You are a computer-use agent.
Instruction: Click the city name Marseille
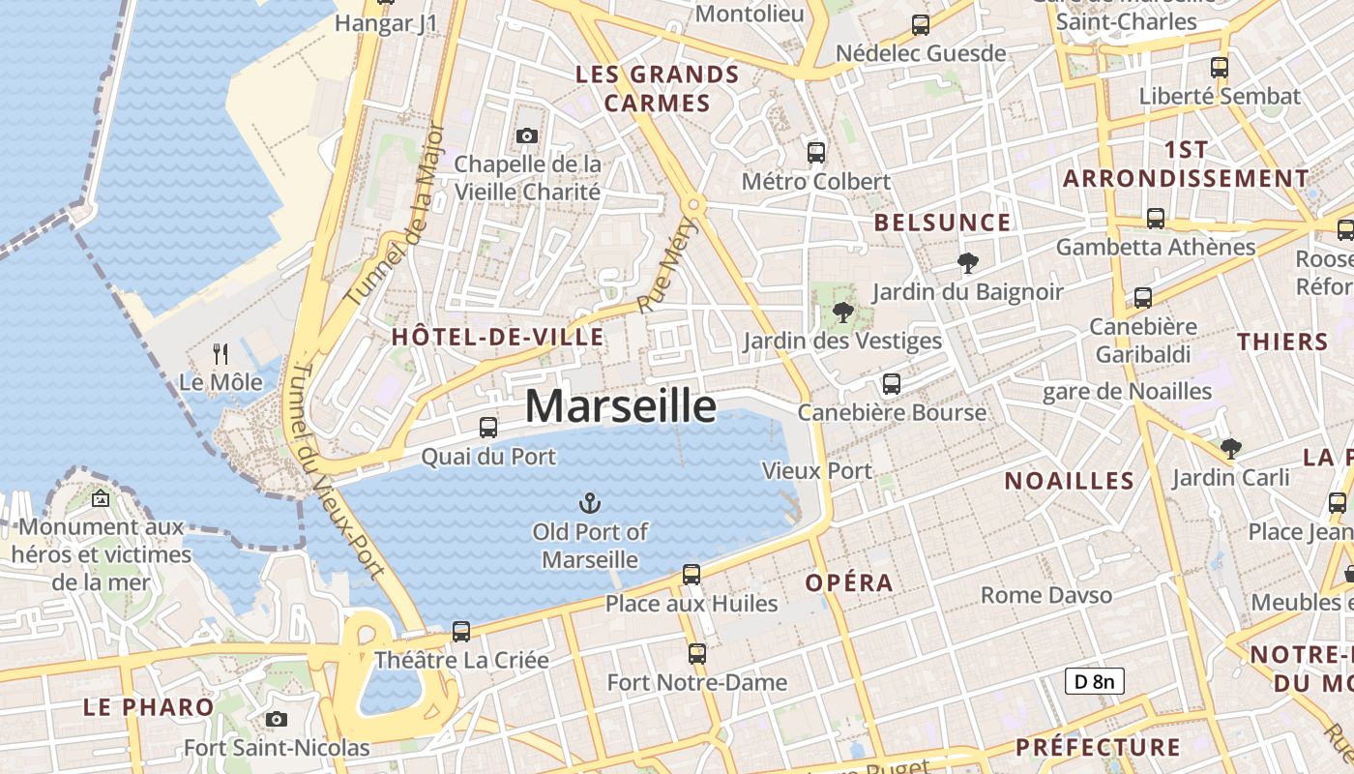(620, 405)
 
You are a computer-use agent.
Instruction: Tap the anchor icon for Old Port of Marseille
(590, 503)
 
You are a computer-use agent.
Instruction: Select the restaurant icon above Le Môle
(221, 354)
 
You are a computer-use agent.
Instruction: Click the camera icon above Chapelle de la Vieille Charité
(527, 136)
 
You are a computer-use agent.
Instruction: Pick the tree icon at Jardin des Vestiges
(842, 312)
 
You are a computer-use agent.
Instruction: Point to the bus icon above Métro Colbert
(816, 153)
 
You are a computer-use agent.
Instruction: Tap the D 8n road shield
(1095, 681)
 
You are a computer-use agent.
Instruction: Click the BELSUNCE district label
(942, 223)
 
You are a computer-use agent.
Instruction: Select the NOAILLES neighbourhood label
(1069, 481)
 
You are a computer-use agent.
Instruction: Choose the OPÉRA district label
(849, 582)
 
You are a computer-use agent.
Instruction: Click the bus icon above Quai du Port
(488, 427)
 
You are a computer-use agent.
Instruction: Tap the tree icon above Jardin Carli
(1230, 449)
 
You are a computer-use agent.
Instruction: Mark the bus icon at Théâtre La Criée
(461, 632)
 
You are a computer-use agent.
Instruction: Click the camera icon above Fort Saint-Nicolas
(277, 719)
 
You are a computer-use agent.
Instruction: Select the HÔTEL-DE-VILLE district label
(497, 338)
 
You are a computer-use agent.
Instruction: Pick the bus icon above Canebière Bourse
(892, 384)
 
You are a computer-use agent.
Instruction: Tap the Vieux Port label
(817, 471)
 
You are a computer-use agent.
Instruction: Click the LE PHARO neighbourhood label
(148, 706)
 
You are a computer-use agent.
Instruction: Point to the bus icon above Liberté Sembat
(1220, 68)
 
